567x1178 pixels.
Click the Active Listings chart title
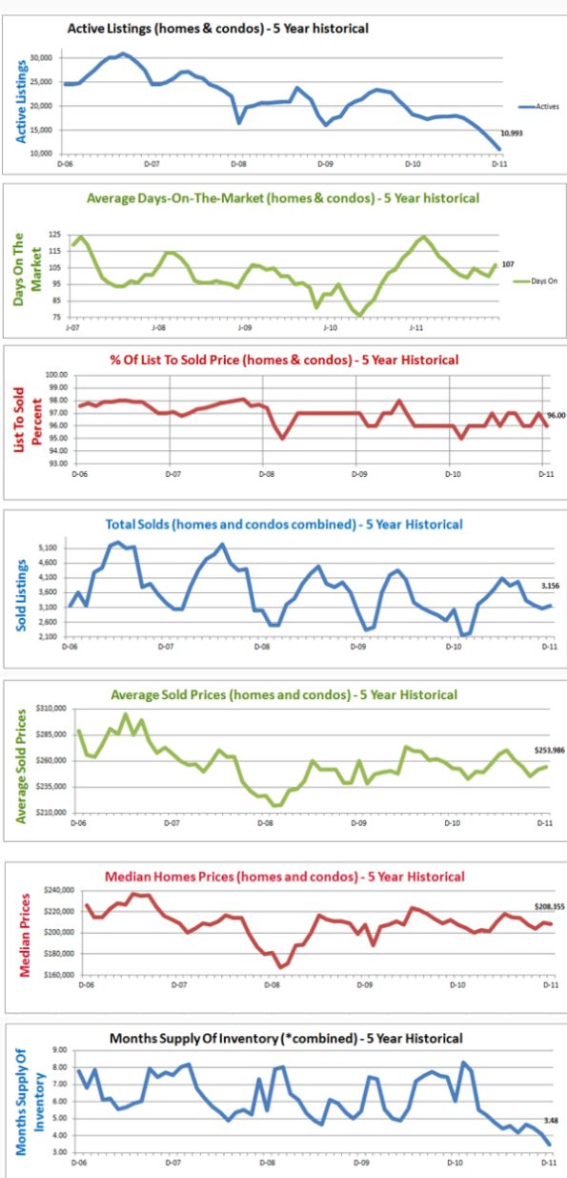coord(217,30)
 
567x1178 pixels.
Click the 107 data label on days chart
coord(508,263)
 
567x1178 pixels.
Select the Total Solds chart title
coord(284,524)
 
